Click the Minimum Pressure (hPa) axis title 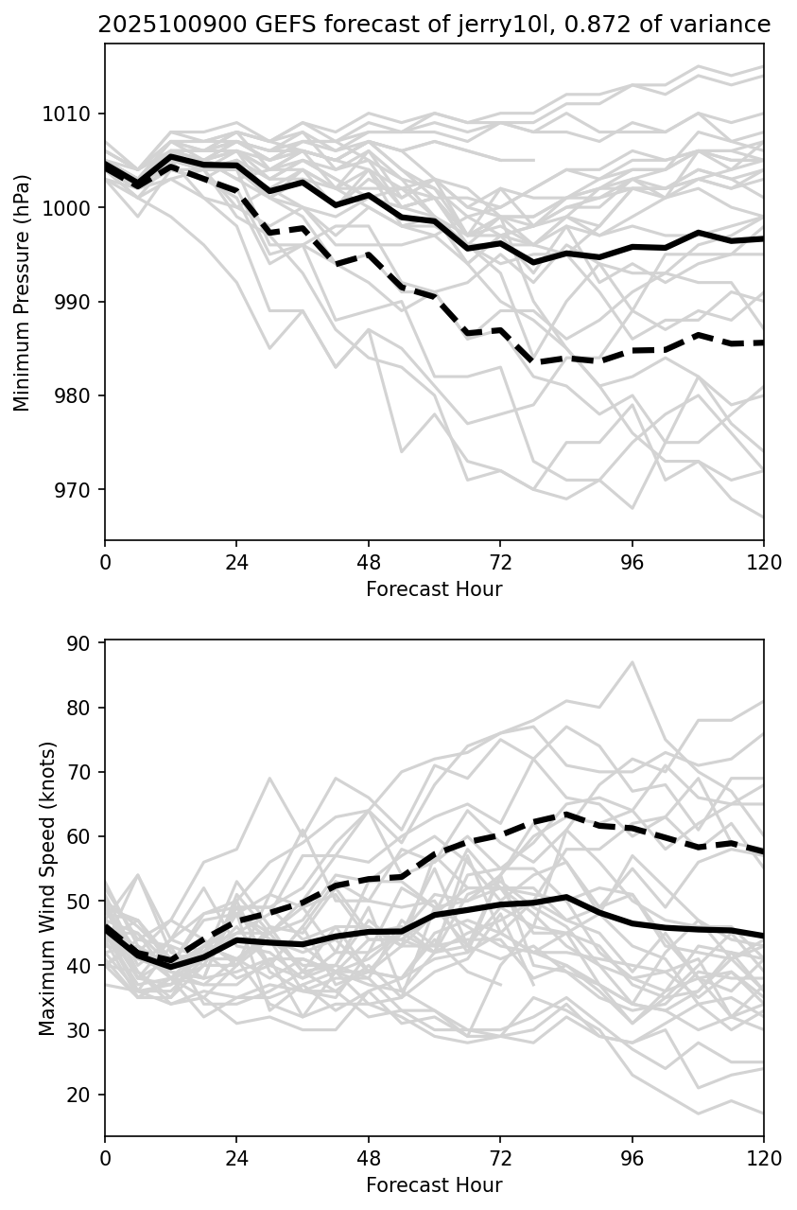23,292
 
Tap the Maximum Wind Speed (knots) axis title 47,888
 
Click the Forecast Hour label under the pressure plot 434,590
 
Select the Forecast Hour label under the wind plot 434,1185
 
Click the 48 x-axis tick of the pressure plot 369,562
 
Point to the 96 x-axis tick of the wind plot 632,1157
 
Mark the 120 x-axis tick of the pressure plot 764,562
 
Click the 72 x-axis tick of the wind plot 500,1157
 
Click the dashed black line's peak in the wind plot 565,814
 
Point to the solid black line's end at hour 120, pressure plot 763,239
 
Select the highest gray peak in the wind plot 632,662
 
